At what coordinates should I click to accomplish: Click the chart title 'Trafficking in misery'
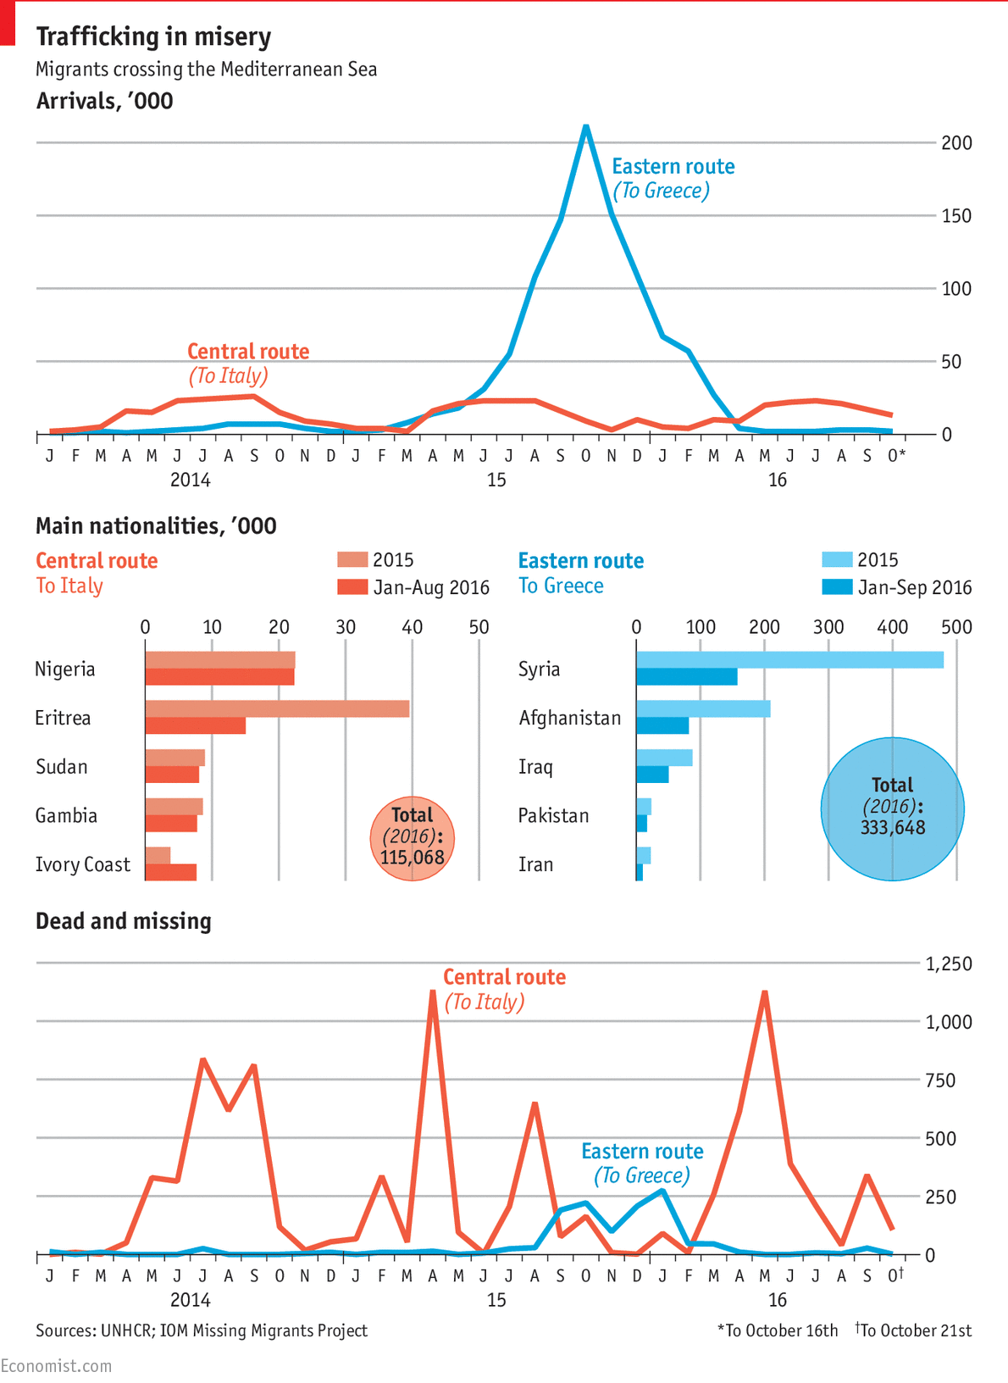[x=153, y=36]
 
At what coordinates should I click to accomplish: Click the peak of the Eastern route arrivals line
[x=585, y=128]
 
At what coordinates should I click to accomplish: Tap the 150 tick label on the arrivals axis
[x=956, y=216]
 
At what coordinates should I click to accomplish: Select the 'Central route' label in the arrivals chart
[x=247, y=352]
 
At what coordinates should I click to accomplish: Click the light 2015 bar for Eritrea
[x=277, y=709]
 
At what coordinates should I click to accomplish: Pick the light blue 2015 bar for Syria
[x=789, y=660]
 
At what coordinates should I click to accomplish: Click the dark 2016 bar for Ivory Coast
[x=170, y=872]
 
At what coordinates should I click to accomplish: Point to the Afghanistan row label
[x=569, y=719]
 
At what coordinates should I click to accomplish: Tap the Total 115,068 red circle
[x=413, y=838]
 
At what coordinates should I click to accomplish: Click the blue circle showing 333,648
[x=892, y=808]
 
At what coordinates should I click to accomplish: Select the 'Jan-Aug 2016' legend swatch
[x=352, y=587]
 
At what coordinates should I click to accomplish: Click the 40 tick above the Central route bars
[x=412, y=627]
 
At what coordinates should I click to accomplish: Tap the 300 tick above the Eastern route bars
[x=828, y=627]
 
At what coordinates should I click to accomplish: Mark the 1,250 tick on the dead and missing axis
[x=948, y=964]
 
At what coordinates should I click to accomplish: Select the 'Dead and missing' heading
[x=124, y=921]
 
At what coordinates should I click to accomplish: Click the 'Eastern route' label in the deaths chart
[x=642, y=1152]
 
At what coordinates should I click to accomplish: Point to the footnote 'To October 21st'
[x=915, y=1330]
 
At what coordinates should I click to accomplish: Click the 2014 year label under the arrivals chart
[x=190, y=480]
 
